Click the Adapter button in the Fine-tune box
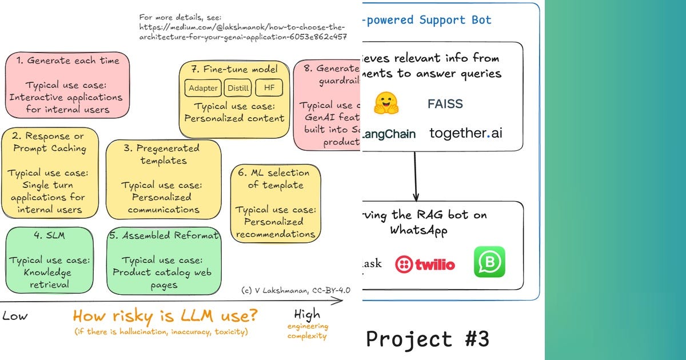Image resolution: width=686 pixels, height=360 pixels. click(x=203, y=88)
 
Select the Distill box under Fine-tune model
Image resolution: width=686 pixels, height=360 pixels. click(x=237, y=88)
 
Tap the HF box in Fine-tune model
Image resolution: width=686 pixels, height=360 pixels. click(x=268, y=88)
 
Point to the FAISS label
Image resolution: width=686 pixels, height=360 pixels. click(x=445, y=104)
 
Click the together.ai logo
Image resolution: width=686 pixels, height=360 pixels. click(x=466, y=133)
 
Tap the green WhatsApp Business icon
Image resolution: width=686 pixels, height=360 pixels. click(x=489, y=262)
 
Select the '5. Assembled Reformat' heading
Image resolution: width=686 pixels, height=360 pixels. click(x=163, y=236)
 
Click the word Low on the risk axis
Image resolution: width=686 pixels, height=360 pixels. click(x=15, y=316)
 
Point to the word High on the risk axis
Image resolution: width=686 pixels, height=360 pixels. click(x=307, y=314)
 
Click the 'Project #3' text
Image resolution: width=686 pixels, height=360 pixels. click(x=428, y=339)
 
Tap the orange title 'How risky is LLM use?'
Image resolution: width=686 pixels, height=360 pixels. click(x=165, y=315)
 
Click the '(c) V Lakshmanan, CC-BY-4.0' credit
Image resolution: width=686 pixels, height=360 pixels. click(x=295, y=290)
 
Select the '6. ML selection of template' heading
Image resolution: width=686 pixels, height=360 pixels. click(x=276, y=178)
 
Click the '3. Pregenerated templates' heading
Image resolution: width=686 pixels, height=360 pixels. click(x=163, y=154)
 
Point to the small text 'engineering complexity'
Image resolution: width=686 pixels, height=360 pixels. click(x=308, y=331)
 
